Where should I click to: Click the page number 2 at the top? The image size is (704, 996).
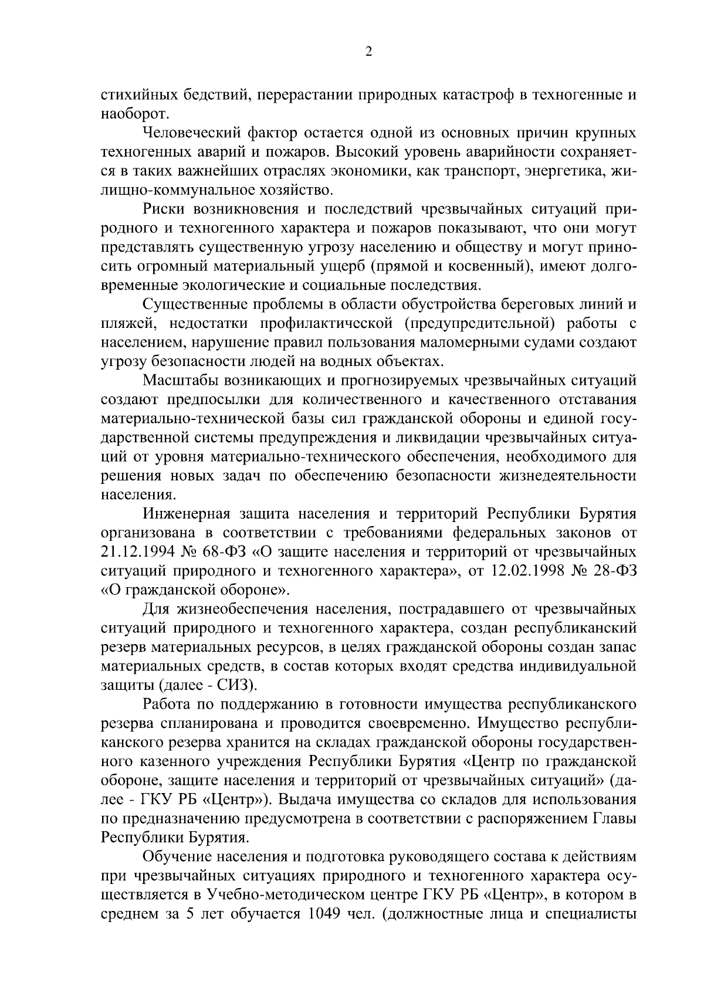tap(368, 52)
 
